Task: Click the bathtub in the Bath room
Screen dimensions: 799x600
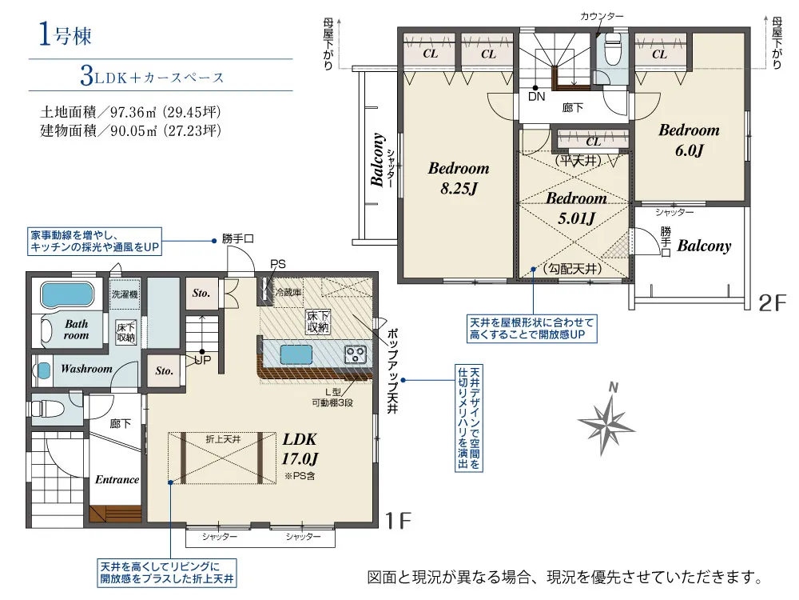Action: click(67, 295)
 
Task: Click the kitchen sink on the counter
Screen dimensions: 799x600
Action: click(296, 354)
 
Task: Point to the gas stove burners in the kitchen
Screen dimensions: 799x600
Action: click(356, 354)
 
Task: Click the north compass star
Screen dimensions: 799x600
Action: click(607, 420)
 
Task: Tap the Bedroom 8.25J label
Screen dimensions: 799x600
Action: click(459, 178)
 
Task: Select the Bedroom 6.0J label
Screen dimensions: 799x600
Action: click(689, 140)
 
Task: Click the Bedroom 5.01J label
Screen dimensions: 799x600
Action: click(576, 208)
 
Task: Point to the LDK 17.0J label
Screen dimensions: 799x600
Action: click(300, 449)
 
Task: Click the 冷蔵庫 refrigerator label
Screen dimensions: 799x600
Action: click(288, 292)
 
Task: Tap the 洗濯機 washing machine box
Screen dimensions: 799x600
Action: click(125, 294)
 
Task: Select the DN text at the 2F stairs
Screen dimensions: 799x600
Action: click(536, 97)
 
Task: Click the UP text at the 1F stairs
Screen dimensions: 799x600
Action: click(203, 360)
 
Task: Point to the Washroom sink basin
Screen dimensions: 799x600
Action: click(44, 370)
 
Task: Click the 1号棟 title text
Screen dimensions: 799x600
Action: click(66, 34)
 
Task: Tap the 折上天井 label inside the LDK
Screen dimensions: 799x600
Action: click(223, 438)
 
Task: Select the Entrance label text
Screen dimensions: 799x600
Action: click(117, 479)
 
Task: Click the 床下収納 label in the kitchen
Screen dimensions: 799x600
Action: click(318, 322)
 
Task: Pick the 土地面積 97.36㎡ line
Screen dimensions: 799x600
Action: click(130, 112)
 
